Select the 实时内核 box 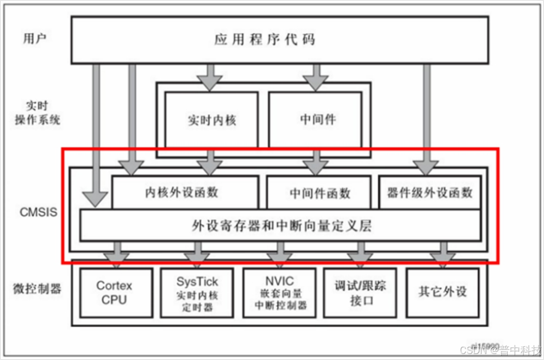211,120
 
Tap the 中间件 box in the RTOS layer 315,120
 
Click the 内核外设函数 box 185,192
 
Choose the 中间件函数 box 320,193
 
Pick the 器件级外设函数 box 430,192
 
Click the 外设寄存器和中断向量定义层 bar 280,225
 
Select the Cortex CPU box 114,292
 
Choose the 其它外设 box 442,292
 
